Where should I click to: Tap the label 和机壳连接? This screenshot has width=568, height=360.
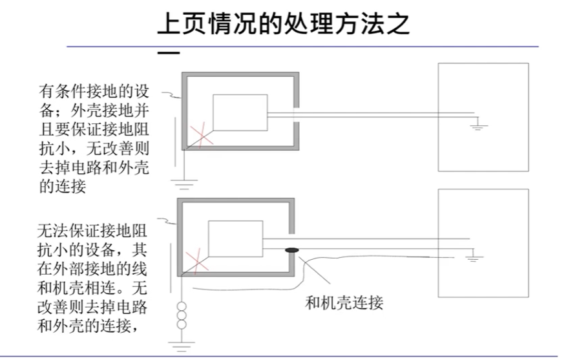344,302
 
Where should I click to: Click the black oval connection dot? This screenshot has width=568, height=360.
291,249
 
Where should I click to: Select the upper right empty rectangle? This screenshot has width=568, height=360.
483,116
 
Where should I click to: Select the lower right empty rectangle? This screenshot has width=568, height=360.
483,242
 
